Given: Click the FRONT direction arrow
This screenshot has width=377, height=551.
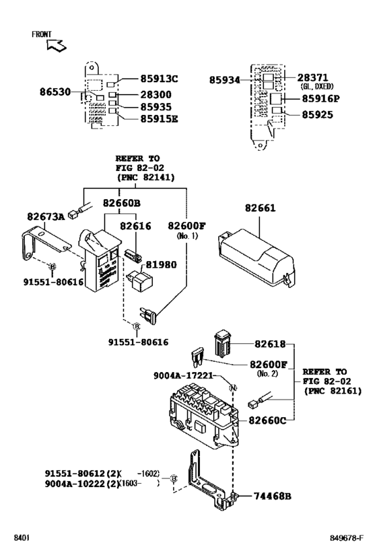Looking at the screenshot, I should click(x=57, y=45).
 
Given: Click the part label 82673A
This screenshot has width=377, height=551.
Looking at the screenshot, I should click(x=46, y=217).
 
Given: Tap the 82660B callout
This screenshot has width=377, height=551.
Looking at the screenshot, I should click(x=122, y=203).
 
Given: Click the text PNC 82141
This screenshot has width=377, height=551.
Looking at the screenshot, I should click(x=144, y=178).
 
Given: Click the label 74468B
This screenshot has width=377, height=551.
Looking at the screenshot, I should click(x=273, y=496).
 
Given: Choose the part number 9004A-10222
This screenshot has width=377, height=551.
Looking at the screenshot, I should click(x=81, y=483).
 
